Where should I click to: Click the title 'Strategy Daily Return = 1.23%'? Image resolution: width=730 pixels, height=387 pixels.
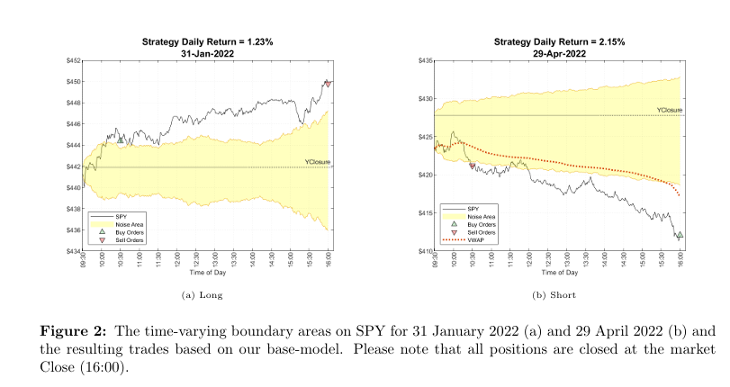[x=208, y=42]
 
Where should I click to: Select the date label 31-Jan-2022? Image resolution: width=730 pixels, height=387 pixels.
[x=208, y=53]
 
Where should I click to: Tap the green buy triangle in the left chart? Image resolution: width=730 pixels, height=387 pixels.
[x=121, y=139]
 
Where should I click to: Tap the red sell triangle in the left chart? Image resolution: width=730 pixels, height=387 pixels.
[x=329, y=84]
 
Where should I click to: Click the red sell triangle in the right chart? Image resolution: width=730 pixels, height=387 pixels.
[x=473, y=166]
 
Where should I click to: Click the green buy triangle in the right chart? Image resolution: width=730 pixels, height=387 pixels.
[x=680, y=235]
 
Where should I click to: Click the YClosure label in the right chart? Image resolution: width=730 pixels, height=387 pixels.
[x=670, y=110]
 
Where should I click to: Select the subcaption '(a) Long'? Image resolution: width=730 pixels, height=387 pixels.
[x=203, y=294]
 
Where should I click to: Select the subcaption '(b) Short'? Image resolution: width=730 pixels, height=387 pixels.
[x=555, y=294]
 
